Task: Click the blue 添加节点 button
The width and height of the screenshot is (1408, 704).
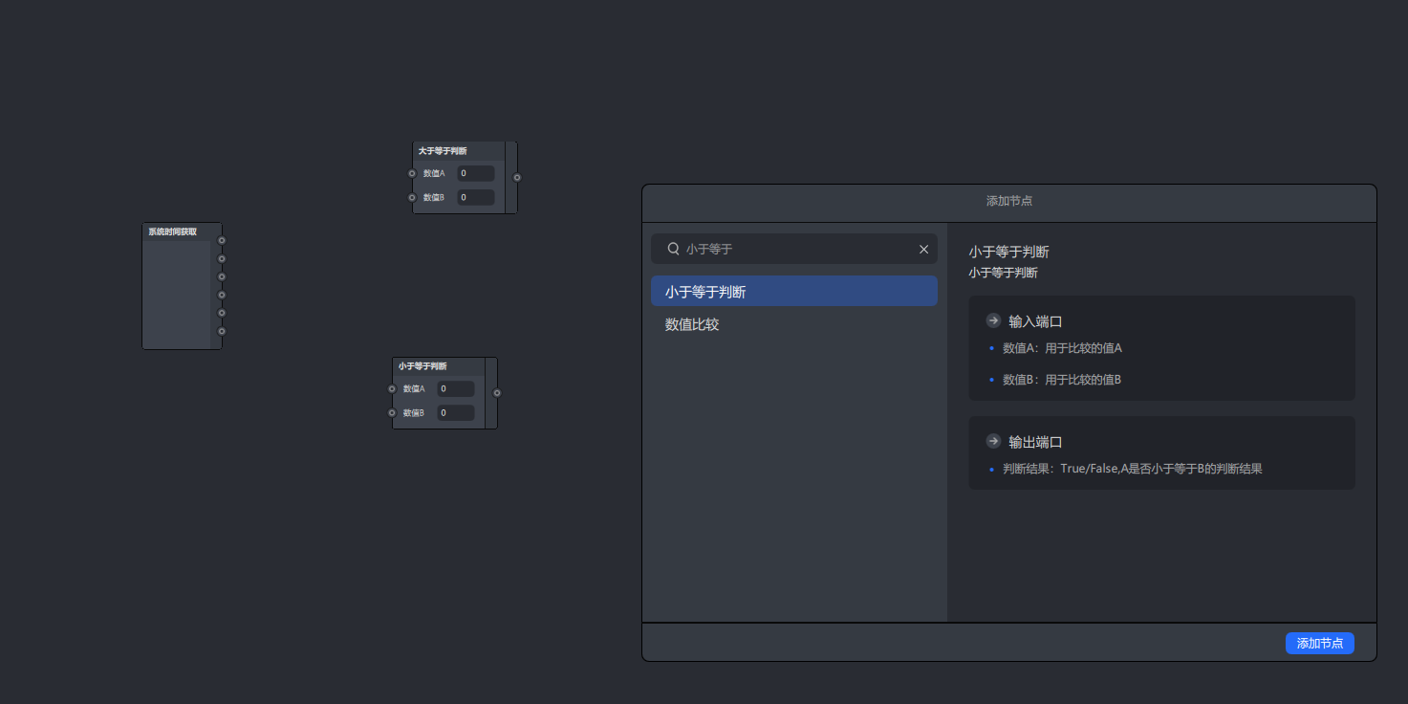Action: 1319,644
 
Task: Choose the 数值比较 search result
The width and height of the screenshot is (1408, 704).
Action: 692,324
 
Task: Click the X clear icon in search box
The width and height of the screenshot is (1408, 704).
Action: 923,249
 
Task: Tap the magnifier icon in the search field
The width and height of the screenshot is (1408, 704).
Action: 673,249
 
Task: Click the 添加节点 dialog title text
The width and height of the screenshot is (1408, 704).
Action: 1008,201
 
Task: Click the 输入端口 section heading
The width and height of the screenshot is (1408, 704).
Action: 1035,321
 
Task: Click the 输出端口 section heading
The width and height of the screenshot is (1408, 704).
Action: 1035,442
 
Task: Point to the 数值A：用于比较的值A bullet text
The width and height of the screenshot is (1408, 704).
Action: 1062,348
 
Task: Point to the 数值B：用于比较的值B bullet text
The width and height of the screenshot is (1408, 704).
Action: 1061,380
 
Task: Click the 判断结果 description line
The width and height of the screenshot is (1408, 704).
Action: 1132,469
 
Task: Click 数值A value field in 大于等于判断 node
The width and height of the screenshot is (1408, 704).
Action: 475,174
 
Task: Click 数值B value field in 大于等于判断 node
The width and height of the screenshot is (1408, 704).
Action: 475,197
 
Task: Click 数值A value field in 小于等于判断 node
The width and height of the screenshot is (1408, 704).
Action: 455,389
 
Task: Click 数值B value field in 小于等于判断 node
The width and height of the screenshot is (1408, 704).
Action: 455,413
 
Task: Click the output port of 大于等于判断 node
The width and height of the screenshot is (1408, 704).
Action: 517,177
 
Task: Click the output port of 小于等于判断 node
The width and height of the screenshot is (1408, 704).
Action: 497,392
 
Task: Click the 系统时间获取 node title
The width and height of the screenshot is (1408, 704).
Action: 172,231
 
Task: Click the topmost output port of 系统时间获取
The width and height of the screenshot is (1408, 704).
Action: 222,240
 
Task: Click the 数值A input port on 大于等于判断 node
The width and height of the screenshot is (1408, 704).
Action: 412,174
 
